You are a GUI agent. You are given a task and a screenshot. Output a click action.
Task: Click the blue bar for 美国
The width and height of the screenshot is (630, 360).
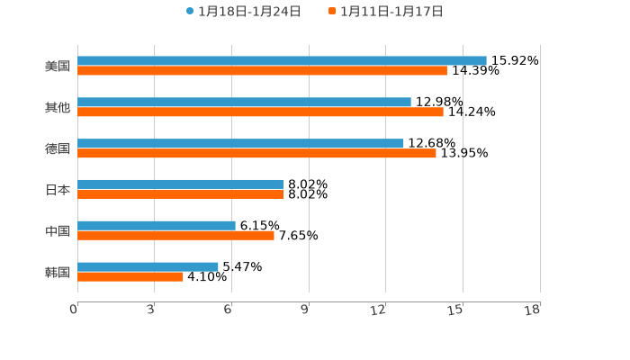pyautogui.click(x=282, y=61)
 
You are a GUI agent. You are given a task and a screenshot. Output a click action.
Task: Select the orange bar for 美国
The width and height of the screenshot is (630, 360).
pyautogui.click(x=262, y=71)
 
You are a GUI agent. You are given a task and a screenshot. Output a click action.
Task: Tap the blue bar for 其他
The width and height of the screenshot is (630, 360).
pyautogui.click(x=244, y=103)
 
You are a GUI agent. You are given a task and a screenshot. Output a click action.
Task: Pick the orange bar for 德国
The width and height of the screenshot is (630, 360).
pyautogui.click(x=256, y=154)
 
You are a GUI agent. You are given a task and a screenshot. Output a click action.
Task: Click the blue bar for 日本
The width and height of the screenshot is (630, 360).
pyautogui.click(x=181, y=184)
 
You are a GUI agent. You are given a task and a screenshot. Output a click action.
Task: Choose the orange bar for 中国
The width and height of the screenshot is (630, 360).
pyautogui.click(x=175, y=236)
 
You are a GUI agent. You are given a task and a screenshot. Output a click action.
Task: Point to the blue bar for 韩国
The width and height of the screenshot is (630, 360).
pyautogui.click(x=148, y=267)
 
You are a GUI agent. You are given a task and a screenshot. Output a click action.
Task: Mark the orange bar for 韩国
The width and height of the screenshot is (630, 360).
pyautogui.click(x=130, y=277)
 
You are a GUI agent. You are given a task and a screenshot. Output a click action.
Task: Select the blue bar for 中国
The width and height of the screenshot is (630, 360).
pyautogui.click(x=157, y=226)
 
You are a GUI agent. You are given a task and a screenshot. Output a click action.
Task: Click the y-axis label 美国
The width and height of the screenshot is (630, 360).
pyautogui.click(x=58, y=67)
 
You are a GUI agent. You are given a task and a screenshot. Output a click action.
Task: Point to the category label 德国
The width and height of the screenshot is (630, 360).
pyautogui.click(x=58, y=149)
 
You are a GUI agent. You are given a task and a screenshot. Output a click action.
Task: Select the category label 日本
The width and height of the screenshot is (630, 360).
pyautogui.click(x=58, y=190)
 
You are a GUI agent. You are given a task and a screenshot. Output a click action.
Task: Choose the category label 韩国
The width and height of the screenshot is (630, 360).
pyautogui.click(x=58, y=273)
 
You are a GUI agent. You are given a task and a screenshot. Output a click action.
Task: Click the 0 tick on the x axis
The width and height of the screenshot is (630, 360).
pyautogui.click(x=75, y=310)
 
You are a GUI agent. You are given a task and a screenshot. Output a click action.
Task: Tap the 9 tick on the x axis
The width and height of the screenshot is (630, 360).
pyautogui.click(x=305, y=310)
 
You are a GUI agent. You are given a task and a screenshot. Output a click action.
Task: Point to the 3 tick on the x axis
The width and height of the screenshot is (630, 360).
pyautogui.click(x=151, y=310)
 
